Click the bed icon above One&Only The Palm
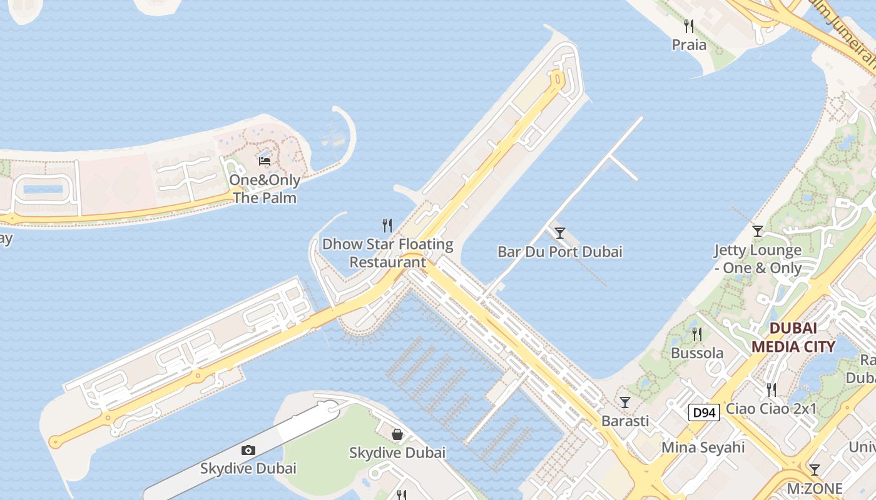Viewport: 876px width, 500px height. pos(265,161)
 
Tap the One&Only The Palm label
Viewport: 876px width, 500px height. pos(265,189)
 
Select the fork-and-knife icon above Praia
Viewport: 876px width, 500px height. pos(689,26)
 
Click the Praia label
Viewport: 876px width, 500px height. pos(689,45)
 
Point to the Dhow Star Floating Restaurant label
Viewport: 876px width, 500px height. pos(387,253)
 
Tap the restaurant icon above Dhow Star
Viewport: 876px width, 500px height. pos(387,225)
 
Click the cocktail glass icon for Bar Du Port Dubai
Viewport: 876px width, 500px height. pos(560,233)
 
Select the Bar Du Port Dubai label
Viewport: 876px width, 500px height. pos(560,252)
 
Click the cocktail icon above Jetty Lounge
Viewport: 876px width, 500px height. pos(758,231)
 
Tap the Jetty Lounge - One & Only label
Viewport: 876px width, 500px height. pos(758,259)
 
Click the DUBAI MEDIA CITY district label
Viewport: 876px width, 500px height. pos(793,337)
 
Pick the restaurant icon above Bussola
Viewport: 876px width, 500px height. pos(697,334)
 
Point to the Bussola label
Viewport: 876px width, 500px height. pos(697,353)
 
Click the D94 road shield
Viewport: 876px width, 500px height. pos(704,412)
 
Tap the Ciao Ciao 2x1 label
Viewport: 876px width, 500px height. pos(772,409)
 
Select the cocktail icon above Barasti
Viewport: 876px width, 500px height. pos(624,402)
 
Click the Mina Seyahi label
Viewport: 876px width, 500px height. pos(703,447)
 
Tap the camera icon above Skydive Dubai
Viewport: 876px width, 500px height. pos(248,450)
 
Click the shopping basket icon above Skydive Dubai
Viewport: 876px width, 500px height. pos(397,434)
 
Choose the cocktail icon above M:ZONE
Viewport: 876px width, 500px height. pos(814,469)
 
